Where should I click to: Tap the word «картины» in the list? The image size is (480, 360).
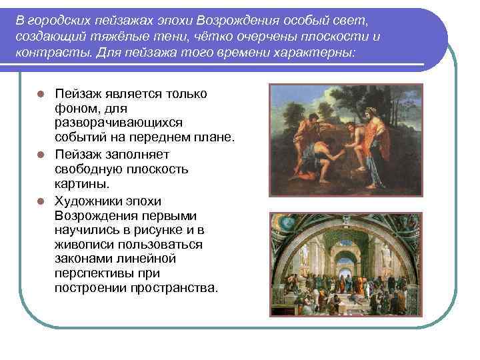(83, 184)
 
